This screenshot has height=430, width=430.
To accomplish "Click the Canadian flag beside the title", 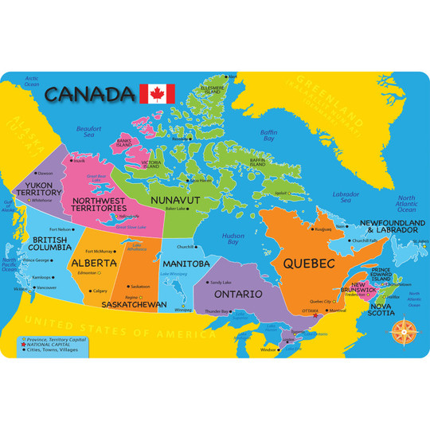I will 157,93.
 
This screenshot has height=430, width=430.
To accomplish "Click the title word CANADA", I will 89,94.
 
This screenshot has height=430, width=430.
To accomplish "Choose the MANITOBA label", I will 186,264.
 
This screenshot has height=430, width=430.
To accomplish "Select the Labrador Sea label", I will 346,197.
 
